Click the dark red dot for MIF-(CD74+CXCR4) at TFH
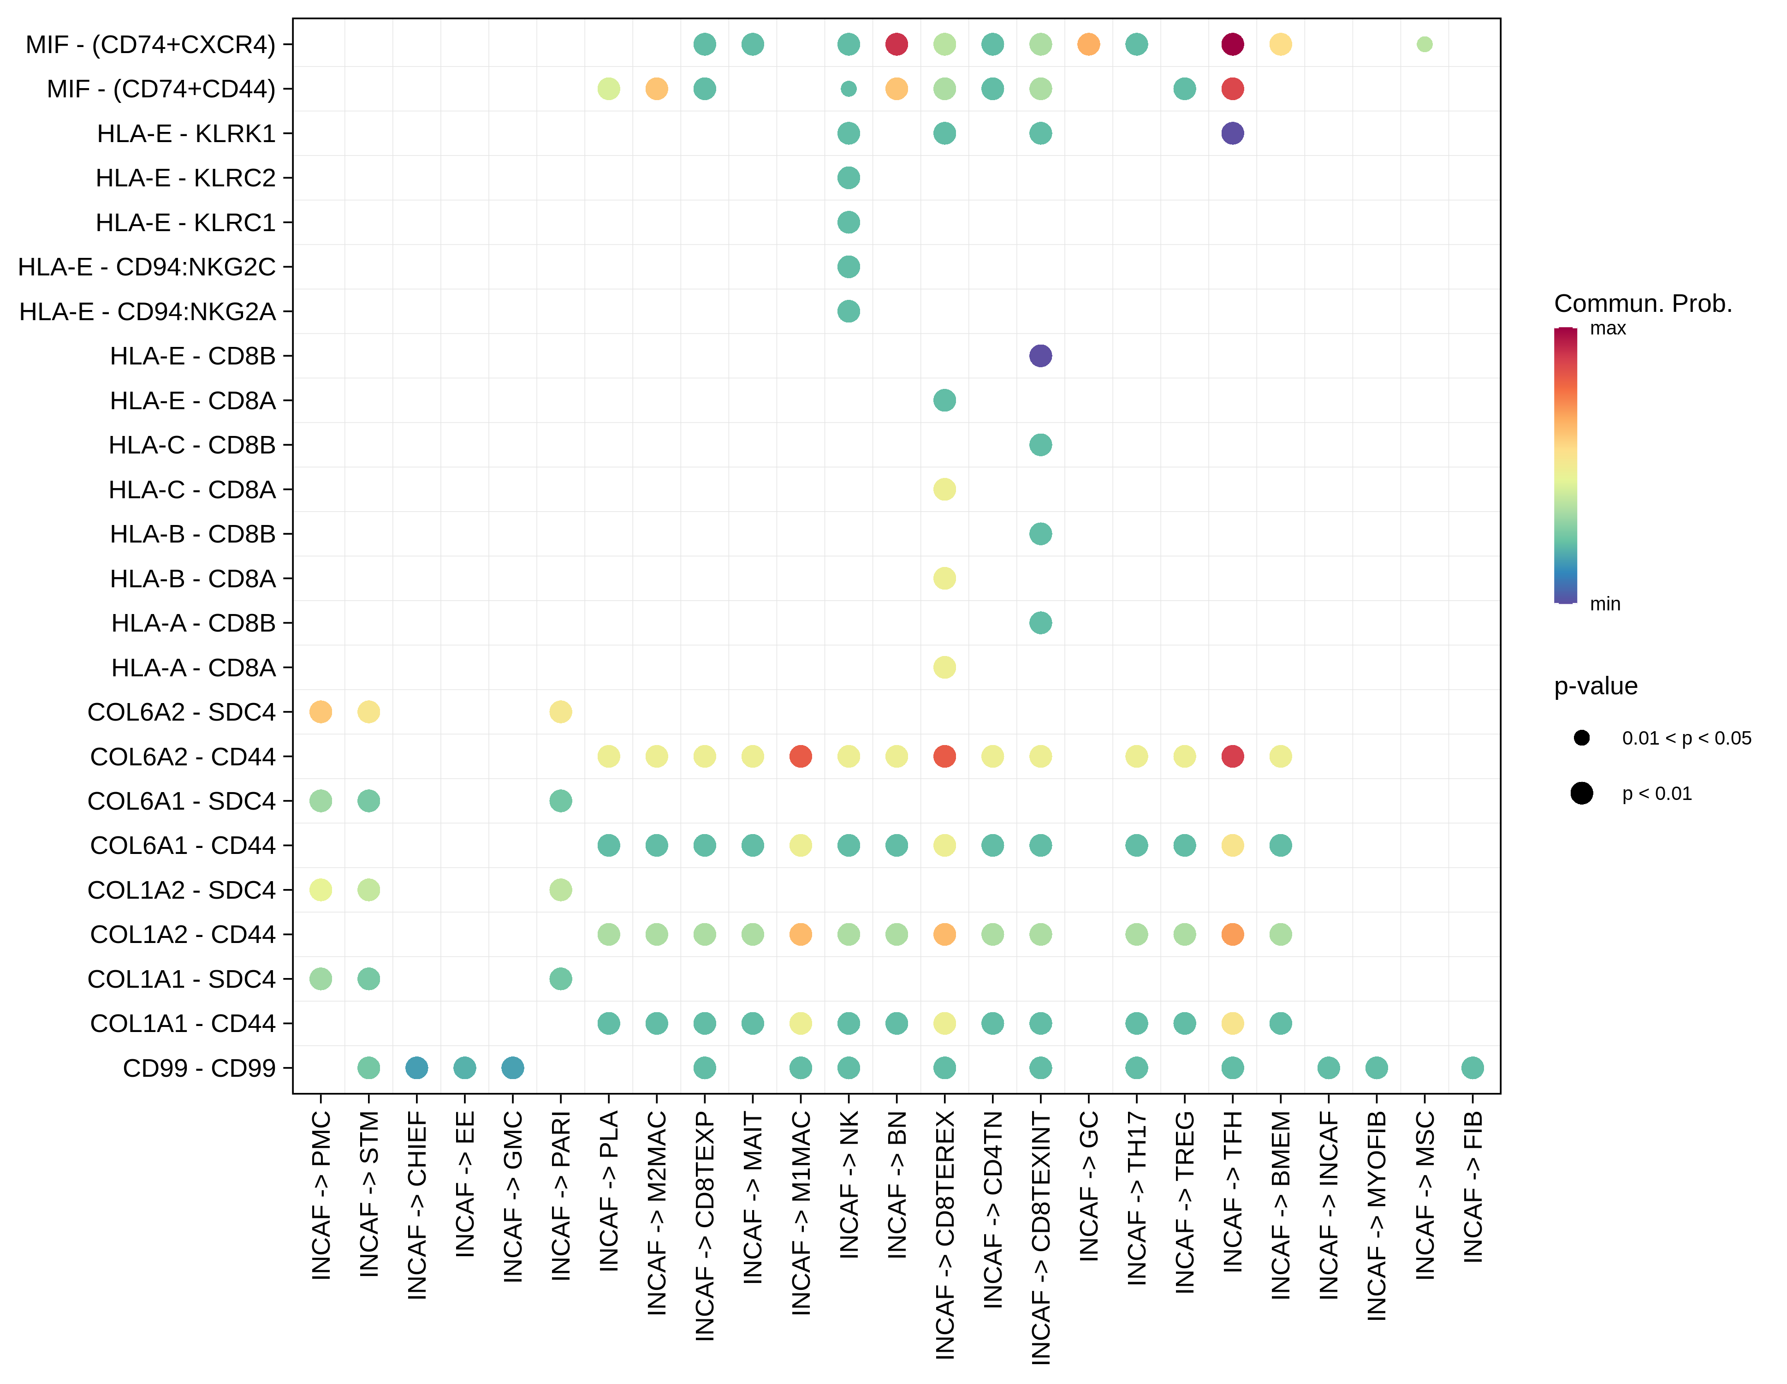click(1232, 44)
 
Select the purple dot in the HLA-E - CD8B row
click(1040, 356)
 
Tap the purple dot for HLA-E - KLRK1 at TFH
click(1232, 133)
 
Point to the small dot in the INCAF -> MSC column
click(1425, 44)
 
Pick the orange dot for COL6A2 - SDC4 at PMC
click(321, 712)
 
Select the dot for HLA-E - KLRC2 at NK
click(849, 178)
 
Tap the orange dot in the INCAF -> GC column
click(1088, 44)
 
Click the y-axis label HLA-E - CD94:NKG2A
click(147, 312)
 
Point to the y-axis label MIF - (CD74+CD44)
click(161, 89)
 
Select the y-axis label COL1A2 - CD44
click(183, 935)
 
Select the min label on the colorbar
click(1604, 604)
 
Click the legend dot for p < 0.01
click(1582, 793)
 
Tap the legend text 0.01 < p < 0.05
click(1686, 738)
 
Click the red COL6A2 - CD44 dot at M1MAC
click(800, 756)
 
